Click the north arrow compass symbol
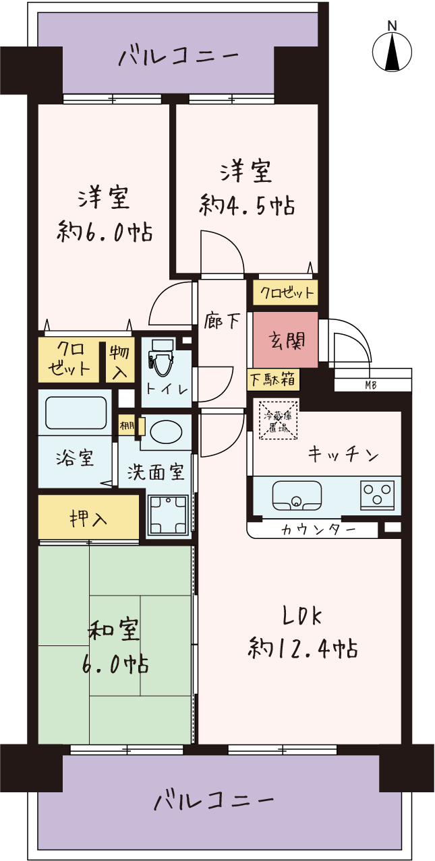tap(392, 52)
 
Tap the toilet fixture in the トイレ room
tap(160, 362)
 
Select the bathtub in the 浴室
tap(76, 413)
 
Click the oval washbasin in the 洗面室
tap(166, 433)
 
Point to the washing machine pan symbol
tap(169, 515)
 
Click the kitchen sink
tap(297, 495)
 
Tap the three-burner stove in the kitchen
tap(377, 495)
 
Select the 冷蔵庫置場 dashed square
tap(278, 420)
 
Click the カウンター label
tap(318, 530)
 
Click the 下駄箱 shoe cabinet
tap(273, 380)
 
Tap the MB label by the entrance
tap(371, 385)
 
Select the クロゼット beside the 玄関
tap(285, 293)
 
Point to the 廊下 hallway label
tap(222, 321)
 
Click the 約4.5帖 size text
tap(247, 206)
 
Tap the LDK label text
tap(302, 616)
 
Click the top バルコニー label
tap(178, 57)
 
